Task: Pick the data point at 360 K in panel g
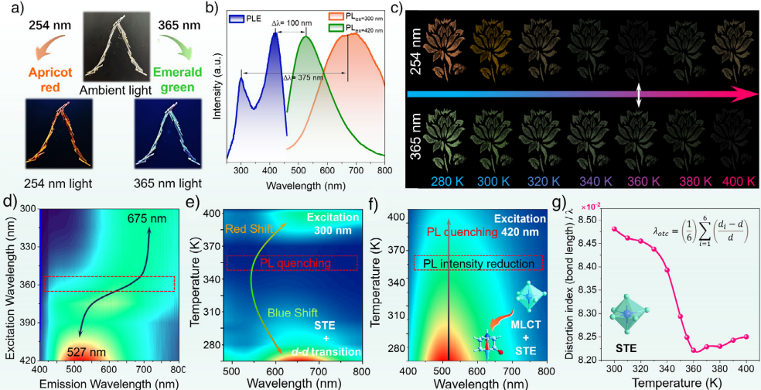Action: pos(696,351)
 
